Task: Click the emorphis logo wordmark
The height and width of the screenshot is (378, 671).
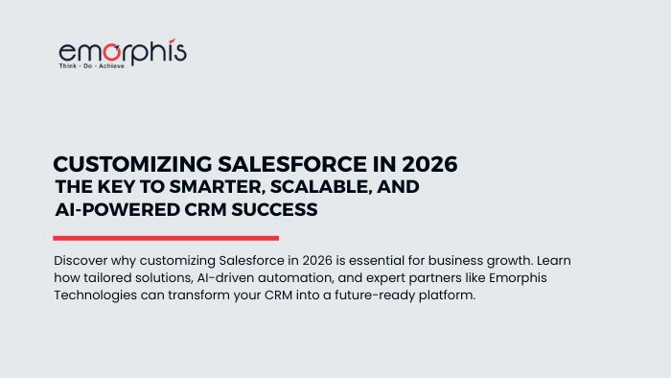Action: (122, 52)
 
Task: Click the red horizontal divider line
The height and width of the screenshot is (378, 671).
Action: (165, 238)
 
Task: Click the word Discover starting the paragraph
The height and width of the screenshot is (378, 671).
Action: (83, 261)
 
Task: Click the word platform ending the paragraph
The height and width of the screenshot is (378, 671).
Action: (447, 295)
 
